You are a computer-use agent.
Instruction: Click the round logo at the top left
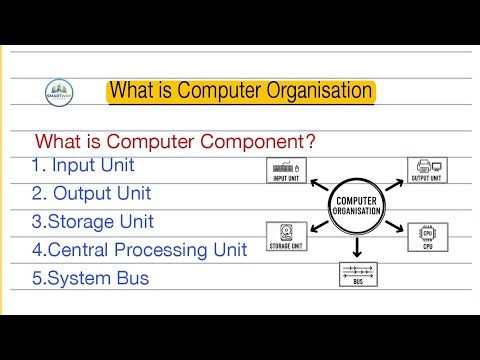pos(64,93)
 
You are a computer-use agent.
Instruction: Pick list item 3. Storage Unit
pos(92,221)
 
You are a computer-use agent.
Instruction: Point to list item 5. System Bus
pos(90,277)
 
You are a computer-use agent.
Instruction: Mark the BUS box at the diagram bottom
pos(358,275)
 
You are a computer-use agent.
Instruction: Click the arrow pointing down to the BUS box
pos(357,249)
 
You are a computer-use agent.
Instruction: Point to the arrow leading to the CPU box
pos(393,229)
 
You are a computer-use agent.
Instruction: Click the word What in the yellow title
pos(134,92)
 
